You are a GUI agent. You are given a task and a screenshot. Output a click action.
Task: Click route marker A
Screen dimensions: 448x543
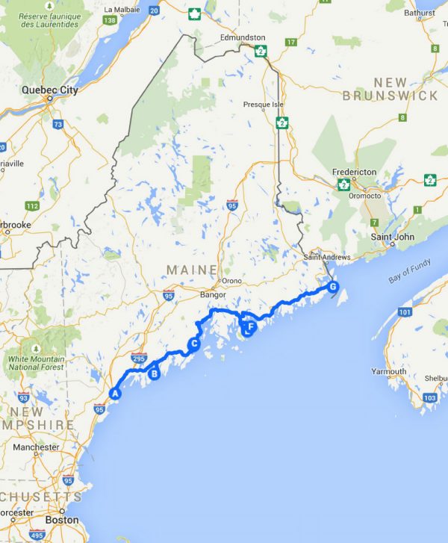[115, 393]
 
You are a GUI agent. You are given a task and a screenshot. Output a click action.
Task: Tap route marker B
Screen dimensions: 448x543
[155, 374]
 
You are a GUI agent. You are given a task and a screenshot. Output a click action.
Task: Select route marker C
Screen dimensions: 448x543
[193, 344]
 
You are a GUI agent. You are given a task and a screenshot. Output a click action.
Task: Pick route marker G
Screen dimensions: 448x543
[333, 287]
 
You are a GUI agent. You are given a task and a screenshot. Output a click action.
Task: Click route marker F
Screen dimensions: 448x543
[250, 326]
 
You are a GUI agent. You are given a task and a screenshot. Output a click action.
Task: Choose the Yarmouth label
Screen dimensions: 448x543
[389, 371]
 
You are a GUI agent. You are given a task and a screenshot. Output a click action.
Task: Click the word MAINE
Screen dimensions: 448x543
[192, 269]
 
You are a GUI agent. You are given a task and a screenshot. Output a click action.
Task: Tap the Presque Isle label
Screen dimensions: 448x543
[259, 105]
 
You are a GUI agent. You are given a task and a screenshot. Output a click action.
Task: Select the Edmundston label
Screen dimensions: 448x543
[243, 37]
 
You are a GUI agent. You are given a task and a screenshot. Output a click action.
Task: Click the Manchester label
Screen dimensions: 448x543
[36, 447]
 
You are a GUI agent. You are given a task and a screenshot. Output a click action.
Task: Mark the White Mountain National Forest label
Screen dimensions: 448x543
[35, 363]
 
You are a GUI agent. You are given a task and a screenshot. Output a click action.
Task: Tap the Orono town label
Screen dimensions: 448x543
[232, 281]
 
